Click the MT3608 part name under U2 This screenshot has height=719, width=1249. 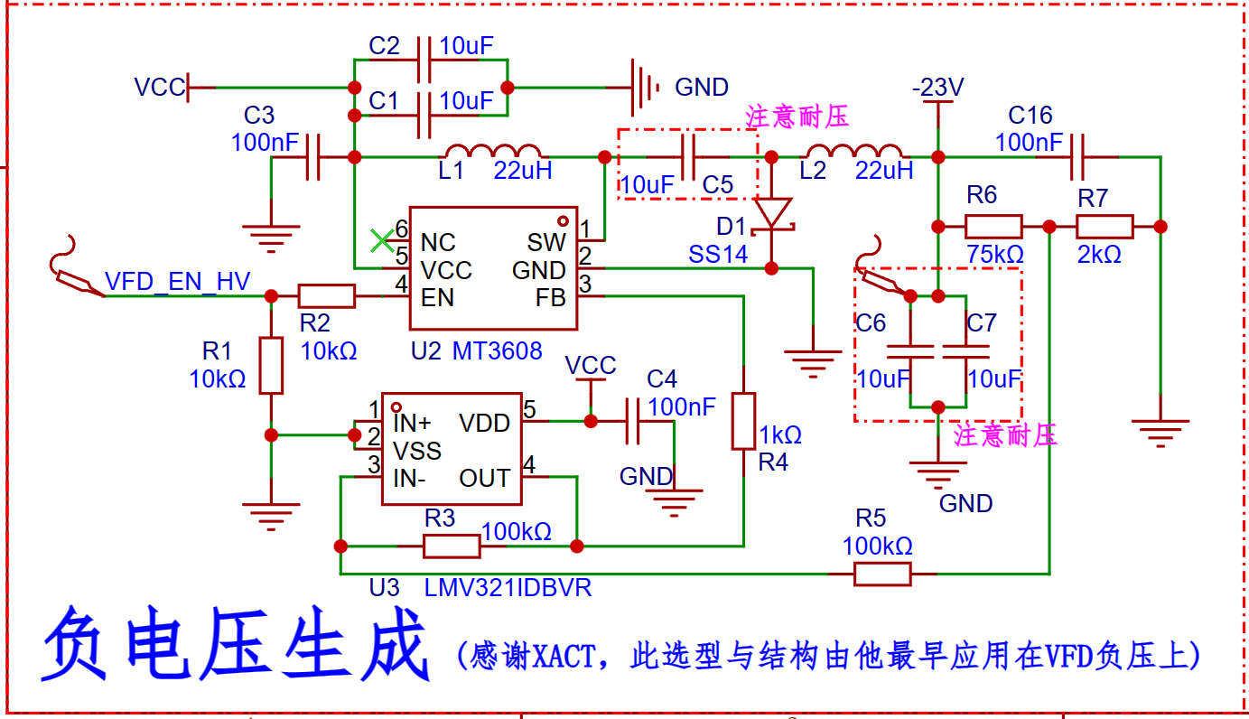click(497, 350)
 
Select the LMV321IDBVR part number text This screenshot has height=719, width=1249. click(508, 588)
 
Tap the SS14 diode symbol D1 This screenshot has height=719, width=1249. click(771, 215)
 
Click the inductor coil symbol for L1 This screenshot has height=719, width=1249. click(493, 151)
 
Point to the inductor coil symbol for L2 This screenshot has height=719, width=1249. click(854, 151)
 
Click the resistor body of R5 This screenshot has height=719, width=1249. click(882, 574)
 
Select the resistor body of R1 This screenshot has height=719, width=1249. click(271, 366)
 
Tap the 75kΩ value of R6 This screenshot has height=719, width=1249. click(995, 255)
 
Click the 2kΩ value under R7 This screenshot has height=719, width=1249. click(1099, 255)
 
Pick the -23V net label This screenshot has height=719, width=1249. click(937, 87)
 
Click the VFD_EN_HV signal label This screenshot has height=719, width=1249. click(177, 282)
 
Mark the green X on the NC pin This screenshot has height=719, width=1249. click(382, 241)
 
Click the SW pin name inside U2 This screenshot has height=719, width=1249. click(546, 242)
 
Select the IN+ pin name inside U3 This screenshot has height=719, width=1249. click(412, 424)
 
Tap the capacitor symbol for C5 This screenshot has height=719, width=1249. click(689, 157)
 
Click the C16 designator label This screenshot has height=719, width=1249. click(1030, 116)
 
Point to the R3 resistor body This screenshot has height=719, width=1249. click(452, 546)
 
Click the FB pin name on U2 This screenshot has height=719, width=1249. click(551, 298)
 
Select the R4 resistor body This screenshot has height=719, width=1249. click(744, 421)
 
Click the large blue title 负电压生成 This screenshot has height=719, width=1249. click(236, 644)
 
